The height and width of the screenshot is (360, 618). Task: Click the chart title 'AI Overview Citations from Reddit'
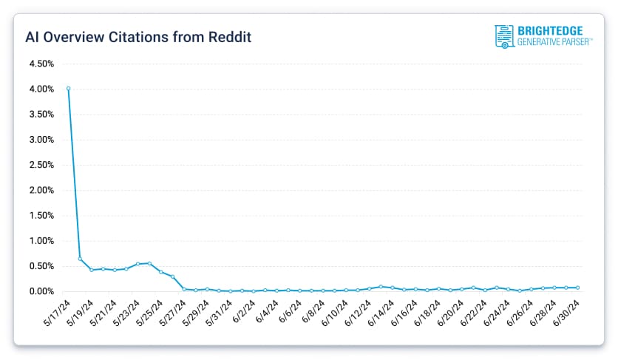click(137, 36)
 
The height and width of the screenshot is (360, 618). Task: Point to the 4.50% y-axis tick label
click(41, 64)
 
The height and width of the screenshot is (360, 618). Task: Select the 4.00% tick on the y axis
click(41, 89)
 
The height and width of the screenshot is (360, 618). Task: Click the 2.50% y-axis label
click(41, 165)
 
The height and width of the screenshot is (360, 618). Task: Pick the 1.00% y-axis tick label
click(41, 241)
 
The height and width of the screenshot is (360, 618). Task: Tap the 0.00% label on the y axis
click(41, 291)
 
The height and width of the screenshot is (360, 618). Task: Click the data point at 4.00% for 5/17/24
click(68, 89)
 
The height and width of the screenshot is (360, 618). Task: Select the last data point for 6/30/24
click(577, 288)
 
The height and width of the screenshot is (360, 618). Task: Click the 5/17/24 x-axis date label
click(58, 313)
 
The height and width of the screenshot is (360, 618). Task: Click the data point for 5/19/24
click(91, 270)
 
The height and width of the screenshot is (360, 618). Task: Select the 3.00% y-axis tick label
click(41, 140)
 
